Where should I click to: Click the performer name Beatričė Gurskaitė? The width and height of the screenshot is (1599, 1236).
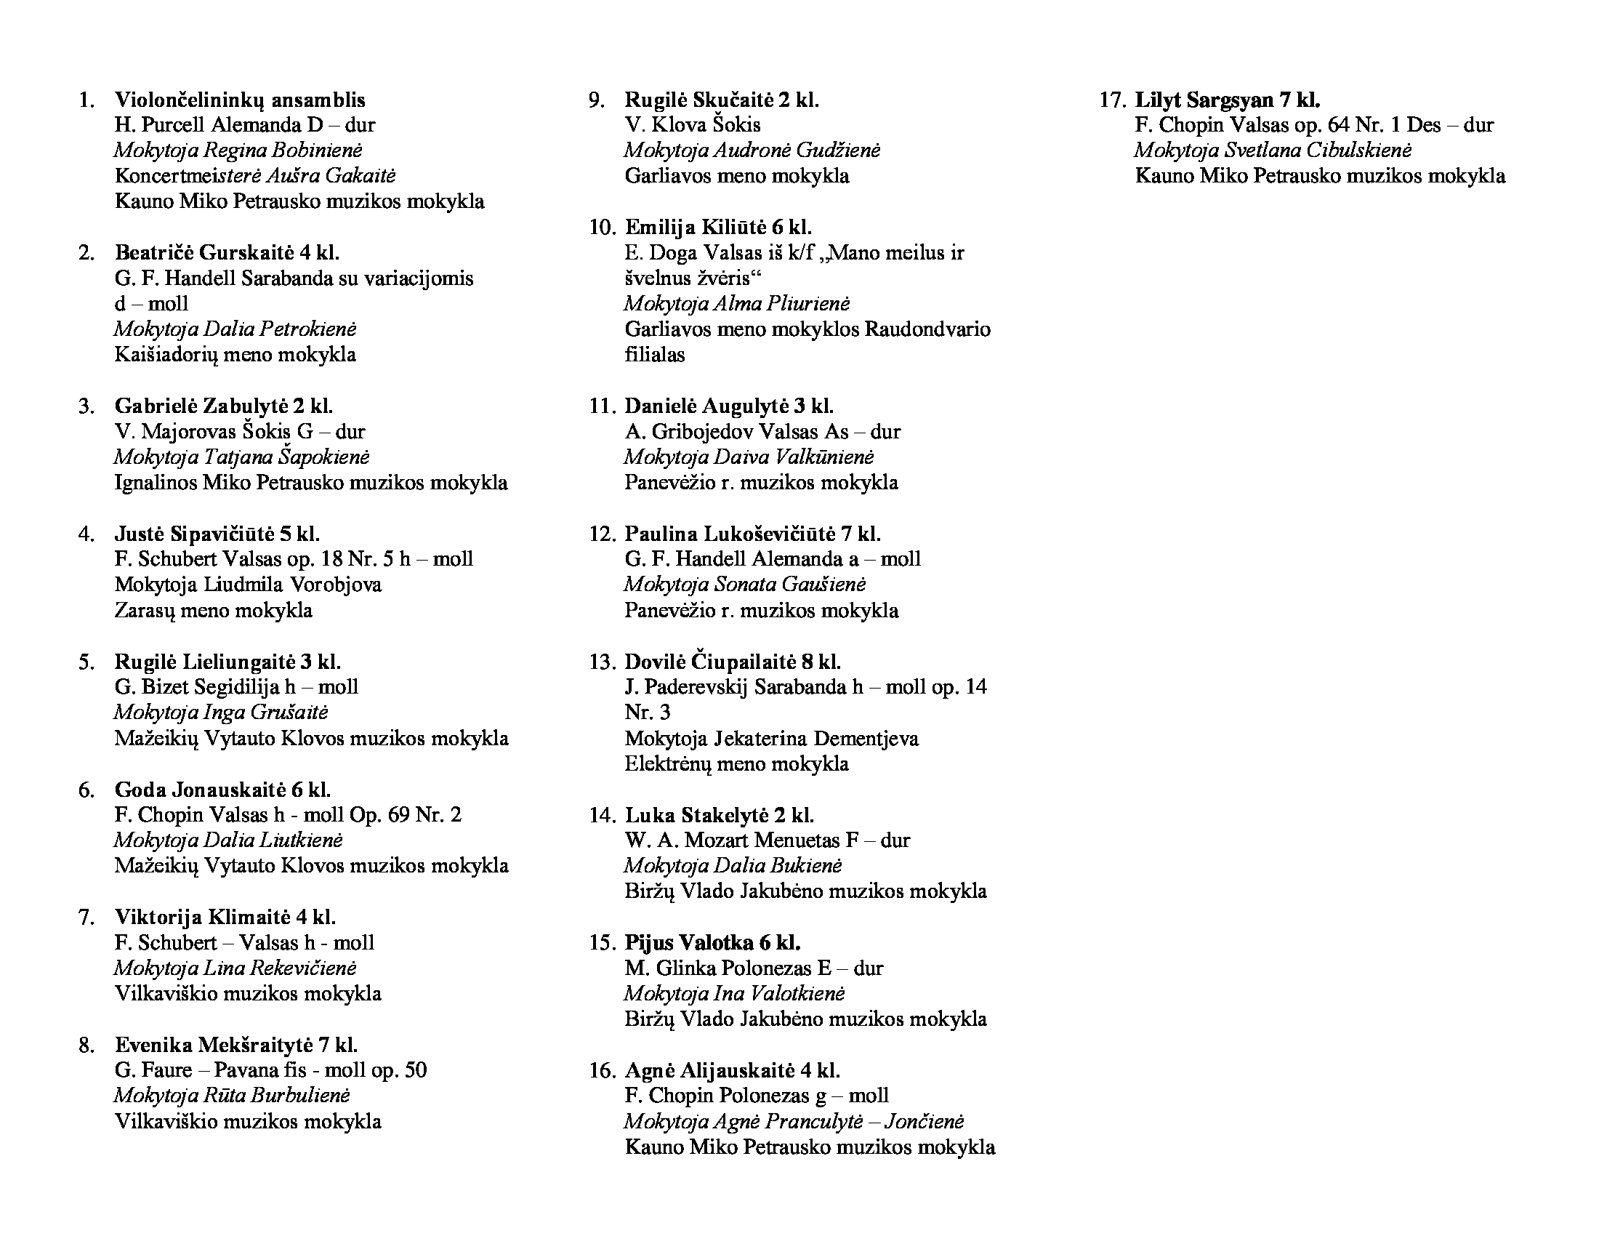coord(204,252)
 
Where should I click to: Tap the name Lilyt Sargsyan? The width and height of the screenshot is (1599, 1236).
coord(1204,100)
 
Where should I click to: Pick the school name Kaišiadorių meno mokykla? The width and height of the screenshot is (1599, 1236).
coord(235,355)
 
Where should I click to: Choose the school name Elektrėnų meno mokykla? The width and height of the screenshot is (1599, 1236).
coord(736,763)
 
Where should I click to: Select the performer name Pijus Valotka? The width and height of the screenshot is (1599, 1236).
coord(688,942)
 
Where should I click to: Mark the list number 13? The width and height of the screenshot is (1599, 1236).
coord(602,662)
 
